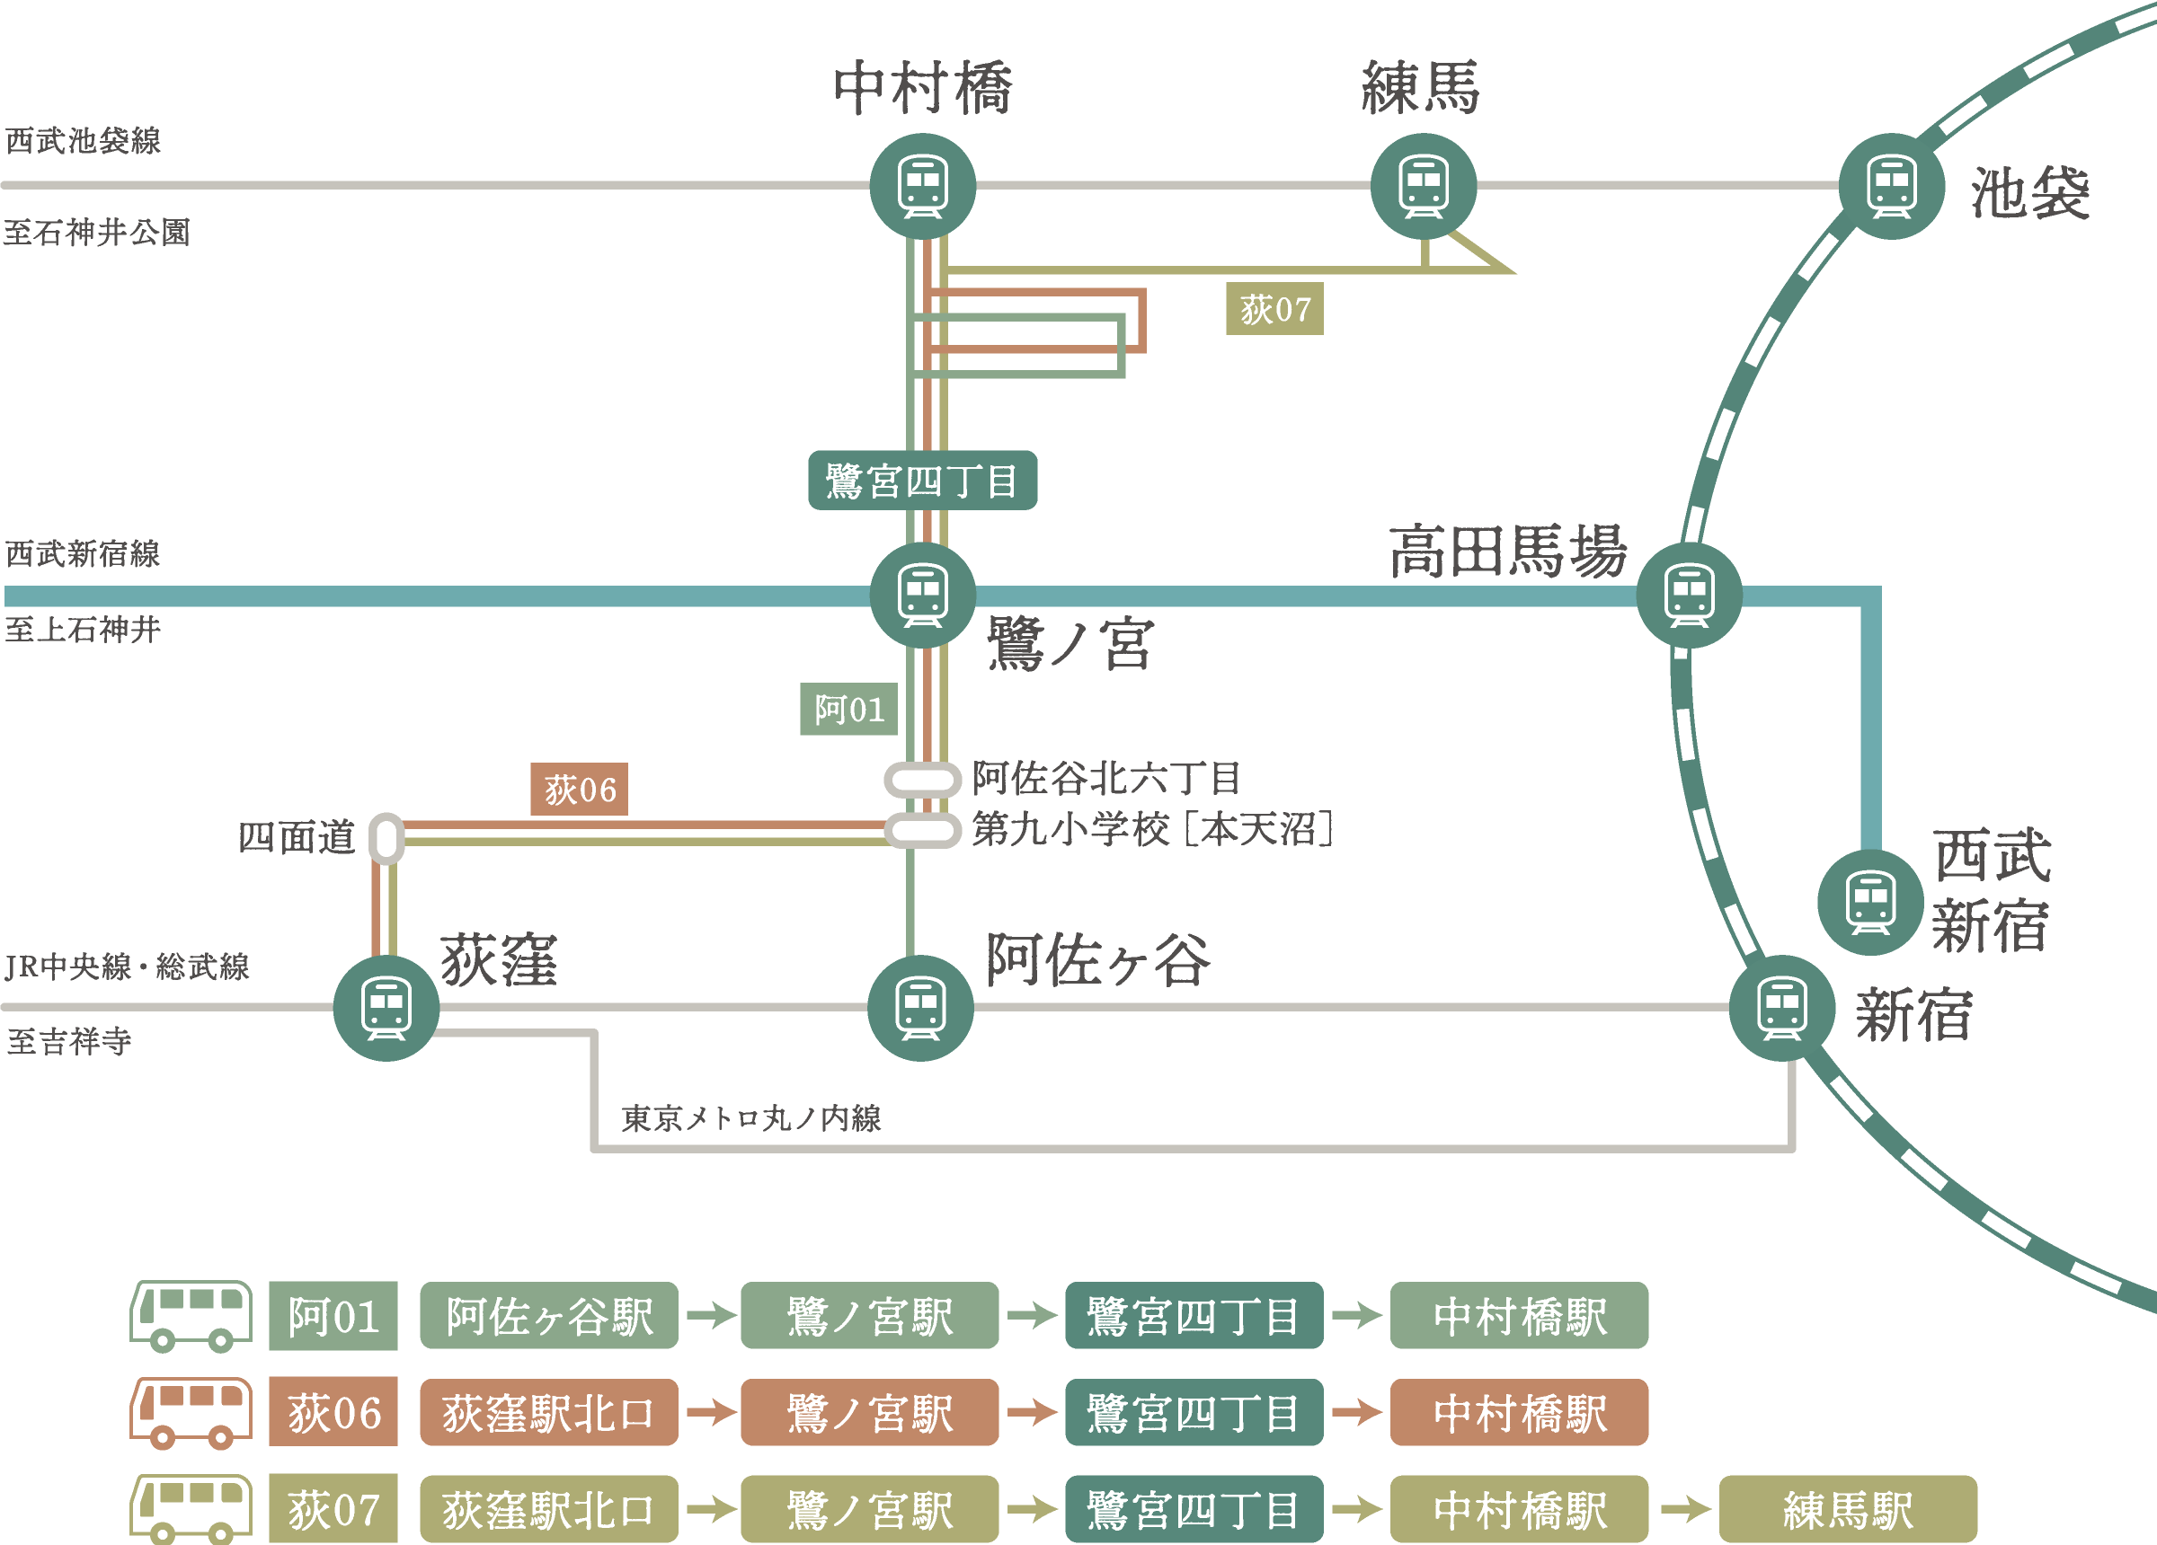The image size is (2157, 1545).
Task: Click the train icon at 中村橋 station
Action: (x=922, y=185)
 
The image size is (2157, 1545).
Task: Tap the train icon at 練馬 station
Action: (x=1423, y=185)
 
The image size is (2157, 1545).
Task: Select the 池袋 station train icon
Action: (x=1891, y=185)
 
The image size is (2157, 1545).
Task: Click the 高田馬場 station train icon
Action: (x=1689, y=596)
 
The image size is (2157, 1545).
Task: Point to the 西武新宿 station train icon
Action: (x=1869, y=901)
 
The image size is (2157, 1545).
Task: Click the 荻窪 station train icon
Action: (x=386, y=1008)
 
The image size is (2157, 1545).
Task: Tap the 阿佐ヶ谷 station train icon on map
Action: (x=919, y=1008)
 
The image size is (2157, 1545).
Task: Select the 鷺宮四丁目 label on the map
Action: (x=921, y=481)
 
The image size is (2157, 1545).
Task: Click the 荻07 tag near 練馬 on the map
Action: (x=1274, y=309)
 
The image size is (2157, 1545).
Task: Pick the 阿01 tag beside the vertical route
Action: (x=848, y=710)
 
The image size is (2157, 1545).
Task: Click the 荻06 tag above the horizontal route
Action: (x=578, y=790)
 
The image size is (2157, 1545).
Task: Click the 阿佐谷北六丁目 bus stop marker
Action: (x=921, y=780)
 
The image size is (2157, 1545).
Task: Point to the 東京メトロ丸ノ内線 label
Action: (x=750, y=1118)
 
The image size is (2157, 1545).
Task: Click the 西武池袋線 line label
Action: (x=83, y=141)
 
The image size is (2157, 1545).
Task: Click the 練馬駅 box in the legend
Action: (x=1847, y=1509)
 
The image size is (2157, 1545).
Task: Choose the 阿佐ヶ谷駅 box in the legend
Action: (x=549, y=1316)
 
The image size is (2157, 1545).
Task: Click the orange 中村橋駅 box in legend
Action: (x=1519, y=1413)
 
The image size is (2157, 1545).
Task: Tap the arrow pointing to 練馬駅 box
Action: (x=1684, y=1509)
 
